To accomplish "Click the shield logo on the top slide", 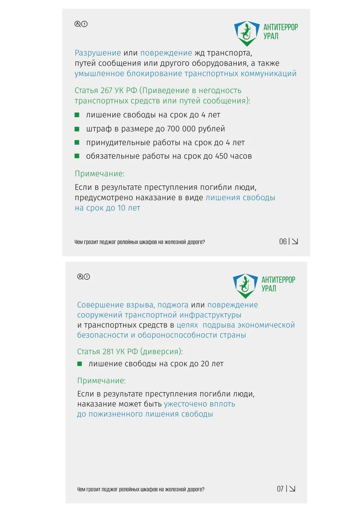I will coord(246,33).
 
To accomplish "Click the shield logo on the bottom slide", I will coord(245,285).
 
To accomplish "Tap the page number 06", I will coord(283,242).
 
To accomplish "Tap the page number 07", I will coord(280,489).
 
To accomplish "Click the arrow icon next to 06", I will coord(295,242).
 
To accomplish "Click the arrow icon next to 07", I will coord(292,489).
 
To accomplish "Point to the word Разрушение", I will coord(98,53).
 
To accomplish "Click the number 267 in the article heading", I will coord(107,90).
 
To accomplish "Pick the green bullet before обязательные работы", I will coord(77,156).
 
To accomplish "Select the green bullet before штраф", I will coord(77,129).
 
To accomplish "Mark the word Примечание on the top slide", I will coord(99,174).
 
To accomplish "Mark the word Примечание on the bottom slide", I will coord(101,380).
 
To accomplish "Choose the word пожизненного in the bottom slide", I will coord(114,414).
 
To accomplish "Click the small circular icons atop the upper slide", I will coord(81,24).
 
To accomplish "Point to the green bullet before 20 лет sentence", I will coord(80,364).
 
